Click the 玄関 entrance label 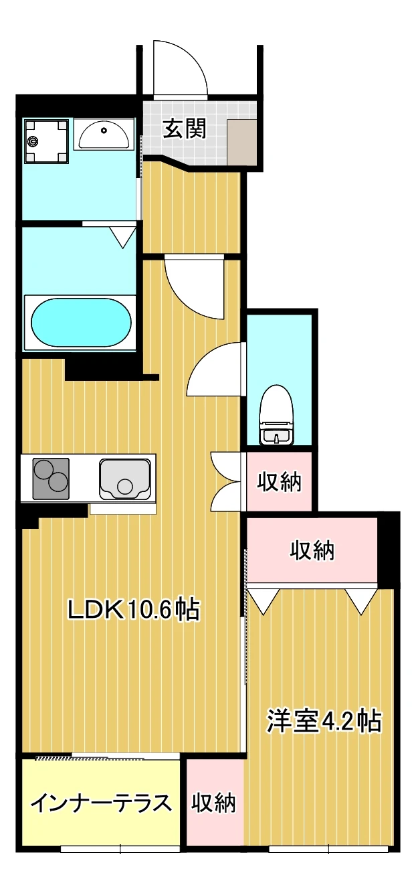[x=185, y=129]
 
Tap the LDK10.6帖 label [x=134, y=610]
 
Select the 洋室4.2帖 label [x=324, y=721]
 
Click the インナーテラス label [x=102, y=803]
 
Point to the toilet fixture [x=276, y=415]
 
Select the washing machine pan [x=46, y=141]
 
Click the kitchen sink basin [x=125, y=479]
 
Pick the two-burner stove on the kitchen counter [x=51, y=479]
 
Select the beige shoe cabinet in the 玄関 [x=242, y=141]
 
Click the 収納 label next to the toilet [x=279, y=482]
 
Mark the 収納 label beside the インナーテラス [x=214, y=803]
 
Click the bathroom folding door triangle [x=123, y=237]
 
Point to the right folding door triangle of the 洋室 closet [x=361, y=601]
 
